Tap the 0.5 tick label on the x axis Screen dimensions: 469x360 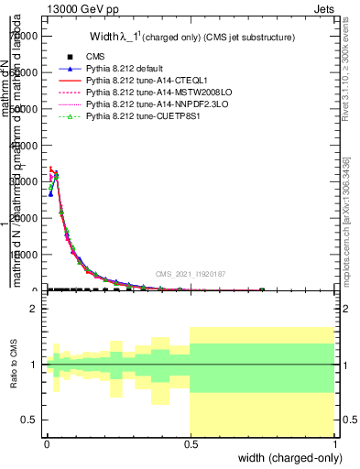pos(190,443)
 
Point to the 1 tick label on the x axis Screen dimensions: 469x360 pos(334,443)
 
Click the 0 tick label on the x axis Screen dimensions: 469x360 pos(46,443)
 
